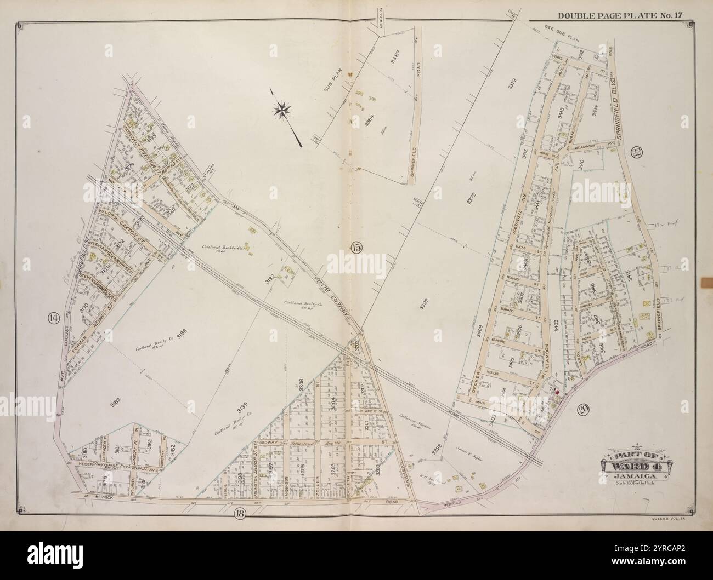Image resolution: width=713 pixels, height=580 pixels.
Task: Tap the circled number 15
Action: point(356,248)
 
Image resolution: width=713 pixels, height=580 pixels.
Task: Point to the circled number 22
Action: point(636,153)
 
